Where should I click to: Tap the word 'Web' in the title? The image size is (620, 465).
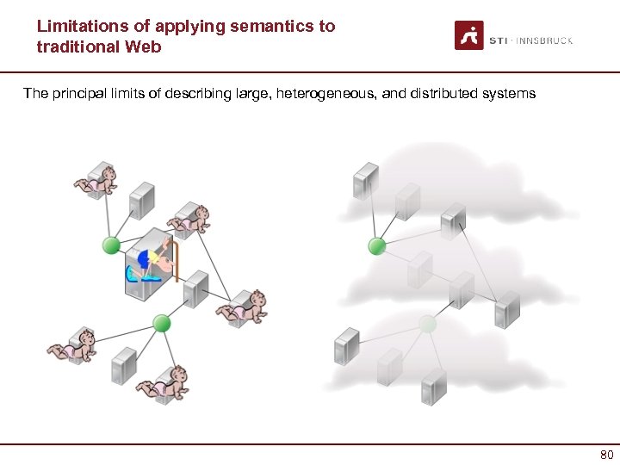click(x=142, y=46)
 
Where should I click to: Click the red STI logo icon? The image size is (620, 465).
click(x=469, y=35)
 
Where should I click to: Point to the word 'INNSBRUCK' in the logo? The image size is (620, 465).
click(x=545, y=40)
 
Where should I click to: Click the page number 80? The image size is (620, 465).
click(x=606, y=455)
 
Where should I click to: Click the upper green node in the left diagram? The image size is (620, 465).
click(x=110, y=245)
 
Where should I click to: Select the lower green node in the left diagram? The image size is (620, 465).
click(x=161, y=323)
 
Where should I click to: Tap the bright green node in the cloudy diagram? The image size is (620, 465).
click(x=376, y=246)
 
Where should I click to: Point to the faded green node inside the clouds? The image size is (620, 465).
click(x=428, y=323)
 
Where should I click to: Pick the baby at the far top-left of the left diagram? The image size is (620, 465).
click(x=96, y=182)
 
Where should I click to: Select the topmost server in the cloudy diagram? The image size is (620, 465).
click(x=365, y=180)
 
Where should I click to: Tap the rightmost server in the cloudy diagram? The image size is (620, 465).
click(x=507, y=308)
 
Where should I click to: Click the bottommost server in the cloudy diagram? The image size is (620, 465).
click(x=433, y=387)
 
